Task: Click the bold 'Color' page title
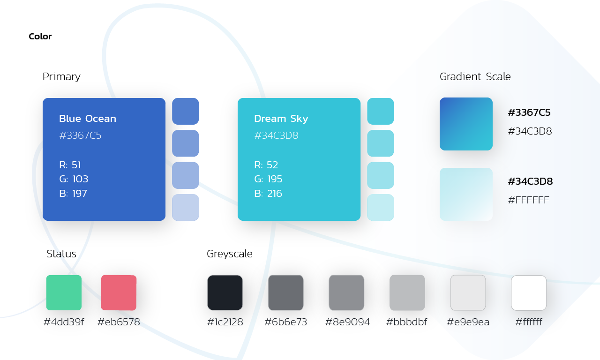coord(40,36)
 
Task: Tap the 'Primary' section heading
coord(61,77)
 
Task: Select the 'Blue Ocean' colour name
coord(88,119)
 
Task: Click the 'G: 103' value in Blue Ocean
coord(74,179)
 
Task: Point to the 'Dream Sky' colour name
coord(281,119)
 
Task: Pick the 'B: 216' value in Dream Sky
coord(268,194)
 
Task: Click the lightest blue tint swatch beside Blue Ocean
coord(185,207)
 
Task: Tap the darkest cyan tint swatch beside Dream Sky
coord(380,111)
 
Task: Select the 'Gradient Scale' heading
coord(475,76)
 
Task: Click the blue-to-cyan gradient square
coord(466,124)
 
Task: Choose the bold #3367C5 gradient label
coord(529,112)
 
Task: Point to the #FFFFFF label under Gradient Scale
coord(528,200)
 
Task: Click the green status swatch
coord(64,292)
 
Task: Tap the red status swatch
coord(119,292)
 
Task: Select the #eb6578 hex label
coord(119,322)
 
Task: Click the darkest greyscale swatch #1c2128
coord(225,292)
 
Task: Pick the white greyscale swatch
coord(529,292)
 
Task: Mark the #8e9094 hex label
coord(347,322)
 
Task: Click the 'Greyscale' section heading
coord(230,254)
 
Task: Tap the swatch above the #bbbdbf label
coord(407,292)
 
